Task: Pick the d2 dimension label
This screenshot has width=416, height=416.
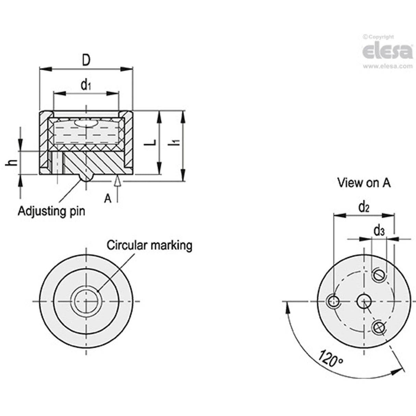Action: coord(364,207)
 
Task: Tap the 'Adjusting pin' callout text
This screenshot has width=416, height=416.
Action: coord(51,210)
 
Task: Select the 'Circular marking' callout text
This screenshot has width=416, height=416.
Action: coord(149,245)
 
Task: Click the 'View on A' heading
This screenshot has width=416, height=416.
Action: coord(364,183)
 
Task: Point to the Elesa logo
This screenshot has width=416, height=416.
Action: coord(387,51)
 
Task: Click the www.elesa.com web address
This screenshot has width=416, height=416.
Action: coord(388,66)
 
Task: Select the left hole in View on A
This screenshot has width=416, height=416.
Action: coord(333,302)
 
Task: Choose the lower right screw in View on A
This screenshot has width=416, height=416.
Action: coord(378,327)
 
